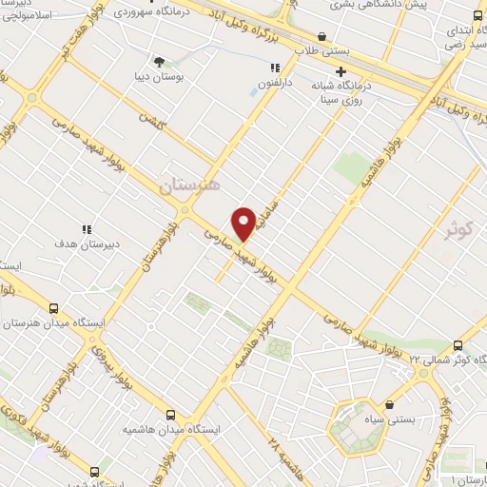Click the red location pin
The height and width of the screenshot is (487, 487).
point(244,224)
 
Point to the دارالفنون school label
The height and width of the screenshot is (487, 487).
point(276,84)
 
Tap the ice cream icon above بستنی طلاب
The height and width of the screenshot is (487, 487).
point(322,37)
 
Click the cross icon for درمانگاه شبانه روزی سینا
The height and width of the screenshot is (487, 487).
point(341,71)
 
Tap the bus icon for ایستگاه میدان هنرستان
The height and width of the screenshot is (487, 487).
point(52,308)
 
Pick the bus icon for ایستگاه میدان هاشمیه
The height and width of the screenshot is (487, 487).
point(170,415)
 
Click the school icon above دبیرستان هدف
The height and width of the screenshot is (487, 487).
point(87,229)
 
